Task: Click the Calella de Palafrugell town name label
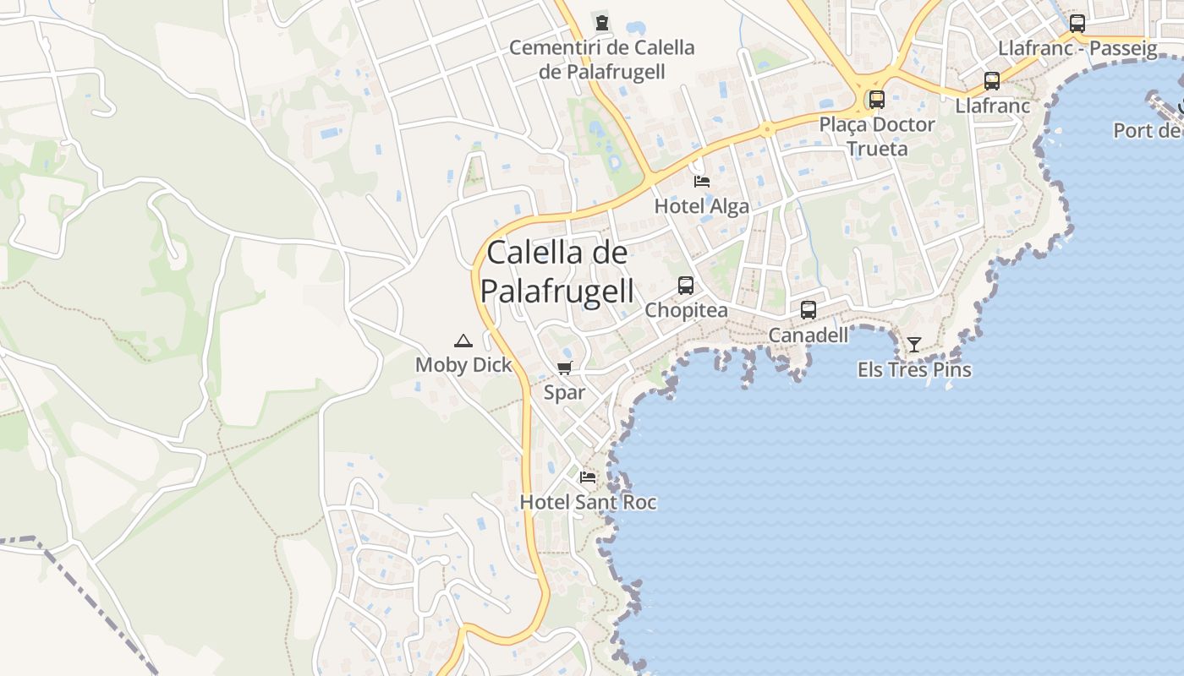tap(556, 272)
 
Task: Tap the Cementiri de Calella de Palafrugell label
tap(601, 59)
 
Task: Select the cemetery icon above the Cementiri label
tap(601, 23)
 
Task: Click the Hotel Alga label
tap(701, 207)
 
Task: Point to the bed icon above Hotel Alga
tap(701, 181)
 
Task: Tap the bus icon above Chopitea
tap(685, 286)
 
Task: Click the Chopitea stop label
tap(686, 311)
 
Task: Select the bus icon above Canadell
tap(808, 310)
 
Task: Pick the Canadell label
tap(808, 335)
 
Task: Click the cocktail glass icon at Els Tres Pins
tap(913, 345)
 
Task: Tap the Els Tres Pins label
tap(914, 370)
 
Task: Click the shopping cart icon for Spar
tap(564, 368)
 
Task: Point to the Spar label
tap(564, 393)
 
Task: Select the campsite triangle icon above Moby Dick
tap(463, 341)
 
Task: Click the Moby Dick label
tap(463, 365)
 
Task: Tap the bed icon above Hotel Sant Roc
tap(587, 477)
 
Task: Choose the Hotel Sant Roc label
tap(588, 503)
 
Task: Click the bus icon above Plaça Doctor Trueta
tap(877, 100)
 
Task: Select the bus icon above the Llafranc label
tap(992, 81)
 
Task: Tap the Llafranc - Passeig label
tap(1077, 48)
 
